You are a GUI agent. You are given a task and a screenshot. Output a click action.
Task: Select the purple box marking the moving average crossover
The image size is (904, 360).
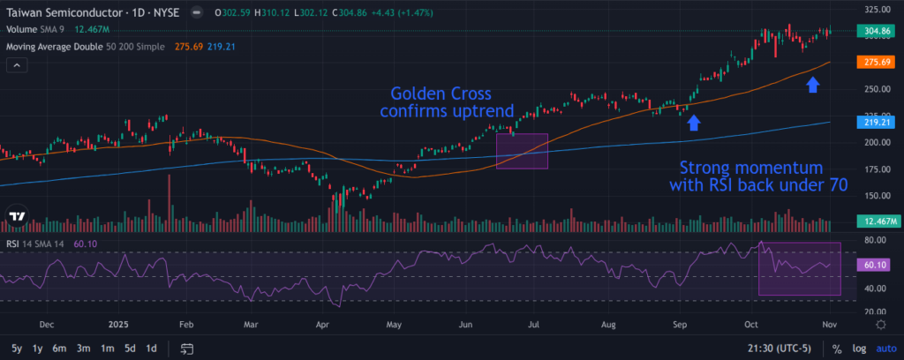522,151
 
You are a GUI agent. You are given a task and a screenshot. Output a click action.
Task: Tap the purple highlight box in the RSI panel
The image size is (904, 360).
800,268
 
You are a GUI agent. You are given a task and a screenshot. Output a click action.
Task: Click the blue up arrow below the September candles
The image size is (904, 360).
694,123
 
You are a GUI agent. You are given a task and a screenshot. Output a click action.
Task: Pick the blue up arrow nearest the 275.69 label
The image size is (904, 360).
813,85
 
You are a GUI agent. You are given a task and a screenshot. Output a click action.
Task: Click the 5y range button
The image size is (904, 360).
15,349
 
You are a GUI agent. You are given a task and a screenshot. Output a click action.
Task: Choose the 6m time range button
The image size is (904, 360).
59,349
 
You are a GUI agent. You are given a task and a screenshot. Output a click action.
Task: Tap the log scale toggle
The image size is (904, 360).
860,349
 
